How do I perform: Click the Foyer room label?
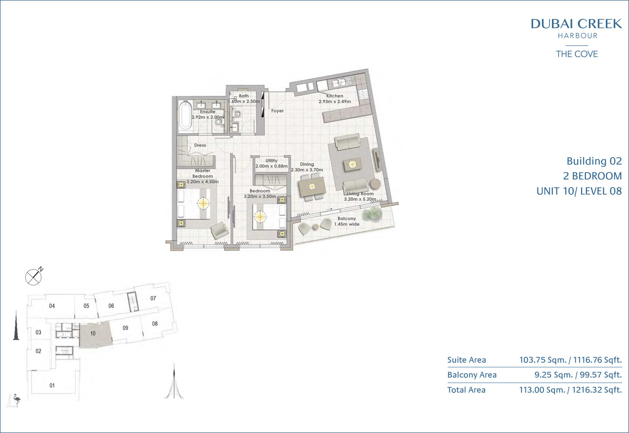(x=277, y=111)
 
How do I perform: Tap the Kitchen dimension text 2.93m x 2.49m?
(x=335, y=102)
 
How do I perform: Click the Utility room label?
(x=272, y=161)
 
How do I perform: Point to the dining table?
(x=312, y=187)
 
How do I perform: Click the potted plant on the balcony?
(x=372, y=215)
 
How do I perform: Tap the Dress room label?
(x=200, y=145)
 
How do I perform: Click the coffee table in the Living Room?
(x=352, y=164)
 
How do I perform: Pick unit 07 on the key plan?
(x=153, y=299)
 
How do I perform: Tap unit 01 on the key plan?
(x=52, y=385)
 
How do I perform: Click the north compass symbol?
(x=34, y=276)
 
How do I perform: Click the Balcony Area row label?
(x=472, y=375)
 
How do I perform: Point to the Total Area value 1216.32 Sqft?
(x=597, y=390)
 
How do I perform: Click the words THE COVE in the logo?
(x=577, y=54)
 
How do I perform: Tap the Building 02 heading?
(x=594, y=161)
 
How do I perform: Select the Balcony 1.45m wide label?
(x=347, y=221)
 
